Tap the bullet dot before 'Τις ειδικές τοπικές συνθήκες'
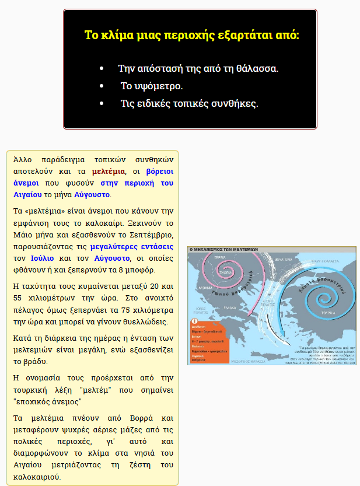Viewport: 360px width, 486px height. [x=102, y=104]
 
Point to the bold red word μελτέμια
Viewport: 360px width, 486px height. [x=109, y=172]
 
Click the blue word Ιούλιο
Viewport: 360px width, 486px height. [x=42, y=258]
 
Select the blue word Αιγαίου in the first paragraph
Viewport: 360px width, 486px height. [x=27, y=194]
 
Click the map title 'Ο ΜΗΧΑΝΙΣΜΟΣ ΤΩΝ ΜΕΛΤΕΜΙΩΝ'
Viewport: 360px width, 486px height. [x=223, y=249]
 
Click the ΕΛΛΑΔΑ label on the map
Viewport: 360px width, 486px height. [x=229, y=307]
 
